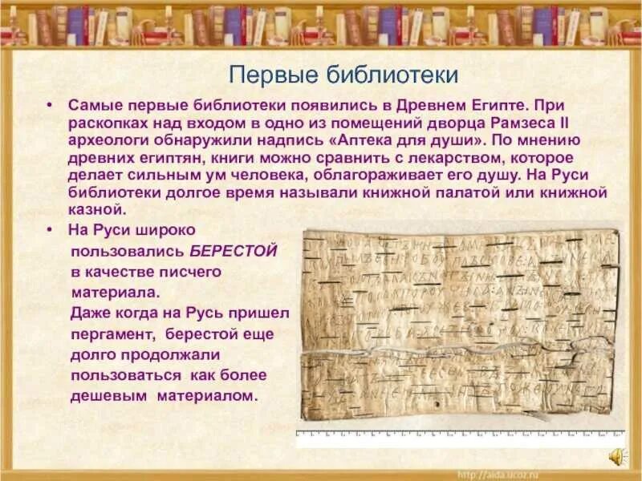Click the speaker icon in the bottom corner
[617, 456]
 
